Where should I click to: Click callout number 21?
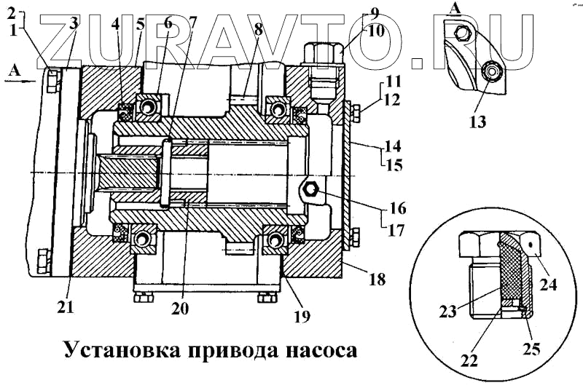click(66, 307)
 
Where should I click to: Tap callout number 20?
click(180, 308)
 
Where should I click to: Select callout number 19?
click(301, 316)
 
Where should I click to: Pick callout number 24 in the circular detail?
click(549, 285)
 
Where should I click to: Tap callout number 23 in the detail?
click(448, 311)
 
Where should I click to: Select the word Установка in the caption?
click(118, 350)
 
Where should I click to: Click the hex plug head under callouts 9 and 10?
click(321, 52)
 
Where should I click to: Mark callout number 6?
click(169, 23)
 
